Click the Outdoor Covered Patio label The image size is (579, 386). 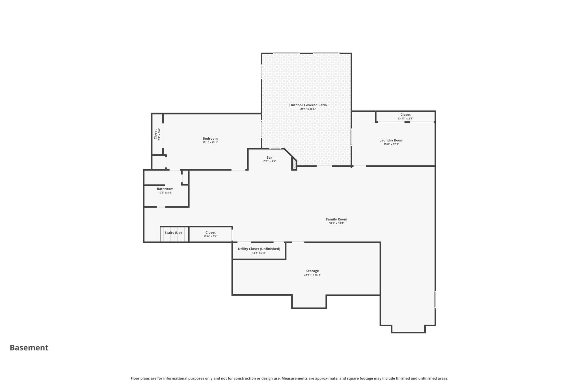tap(308, 105)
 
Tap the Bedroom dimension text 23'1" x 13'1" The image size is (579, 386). tap(210, 143)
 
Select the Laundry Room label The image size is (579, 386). tap(391, 140)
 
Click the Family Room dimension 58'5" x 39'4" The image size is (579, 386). tap(336, 223)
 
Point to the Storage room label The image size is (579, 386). tap(312, 271)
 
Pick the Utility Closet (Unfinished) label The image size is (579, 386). tap(259, 249)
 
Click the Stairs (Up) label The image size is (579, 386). tap(173, 233)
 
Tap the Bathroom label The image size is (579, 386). tap(165, 189)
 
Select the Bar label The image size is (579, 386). tap(269, 158)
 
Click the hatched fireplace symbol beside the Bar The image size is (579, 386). tap(294, 164)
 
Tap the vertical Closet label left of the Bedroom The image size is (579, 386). tap(155, 134)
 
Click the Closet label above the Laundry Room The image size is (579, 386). tap(405, 115)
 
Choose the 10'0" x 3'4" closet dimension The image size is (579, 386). tap(210, 236)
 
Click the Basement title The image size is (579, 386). tap(29, 348)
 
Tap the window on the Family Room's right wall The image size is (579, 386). tap(435, 299)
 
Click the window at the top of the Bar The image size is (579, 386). tap(275, 149)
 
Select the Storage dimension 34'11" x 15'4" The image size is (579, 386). tap(312, 275)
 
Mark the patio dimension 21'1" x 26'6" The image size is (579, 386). tap(308, 109)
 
